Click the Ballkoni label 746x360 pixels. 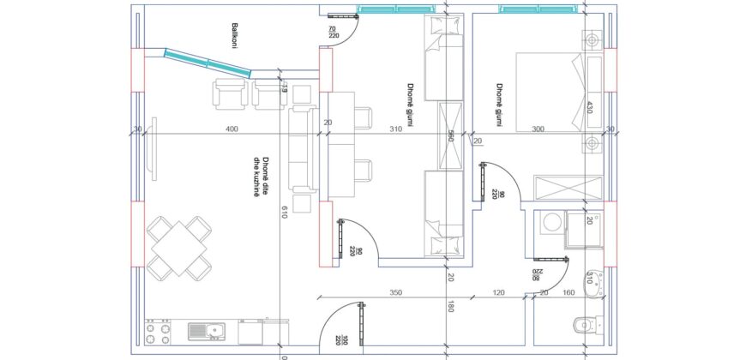[x=229, y=36]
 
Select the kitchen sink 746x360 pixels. [x=205, y=330]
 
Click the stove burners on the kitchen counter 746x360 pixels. [x=156, y=333]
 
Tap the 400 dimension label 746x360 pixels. [x=232, y=129]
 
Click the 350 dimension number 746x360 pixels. [x=395, y=293]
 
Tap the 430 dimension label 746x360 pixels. [x=589, y=109]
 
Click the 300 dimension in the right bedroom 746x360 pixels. [x=538, y=129]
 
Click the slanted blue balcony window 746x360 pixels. [x=209, y=63]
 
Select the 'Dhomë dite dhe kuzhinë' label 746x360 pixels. [x=261, y=177]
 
